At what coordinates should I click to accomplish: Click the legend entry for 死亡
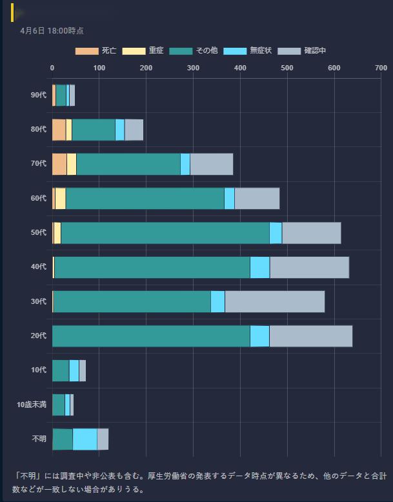click(x=96, y=51)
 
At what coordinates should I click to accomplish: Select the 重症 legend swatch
click(x=134, y=51)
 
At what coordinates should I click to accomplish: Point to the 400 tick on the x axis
click(x=240, y=68)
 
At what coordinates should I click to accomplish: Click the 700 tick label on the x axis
click(x=381, y=68)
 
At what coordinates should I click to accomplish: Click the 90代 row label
click(x=39, y=95)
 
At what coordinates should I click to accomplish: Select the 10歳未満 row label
click(x=32, y=405)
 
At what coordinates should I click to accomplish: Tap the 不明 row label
click(x=39, y=439)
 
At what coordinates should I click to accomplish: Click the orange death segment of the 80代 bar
click(x=59, y=130)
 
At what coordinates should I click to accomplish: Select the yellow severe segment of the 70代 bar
click(x=72, y=164)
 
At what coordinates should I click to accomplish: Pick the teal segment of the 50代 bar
click(x=165, y=233)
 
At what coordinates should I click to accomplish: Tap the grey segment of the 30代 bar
click(x=274, y=301)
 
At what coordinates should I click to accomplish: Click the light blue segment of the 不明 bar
click(x=85, y=439)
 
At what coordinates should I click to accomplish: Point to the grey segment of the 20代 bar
click(x=310, y=336)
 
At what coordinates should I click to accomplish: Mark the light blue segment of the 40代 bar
click(x=259, y=267)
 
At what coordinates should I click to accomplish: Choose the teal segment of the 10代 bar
click(x=61, y=370)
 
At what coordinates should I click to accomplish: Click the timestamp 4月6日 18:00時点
click(x=52, y=30)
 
